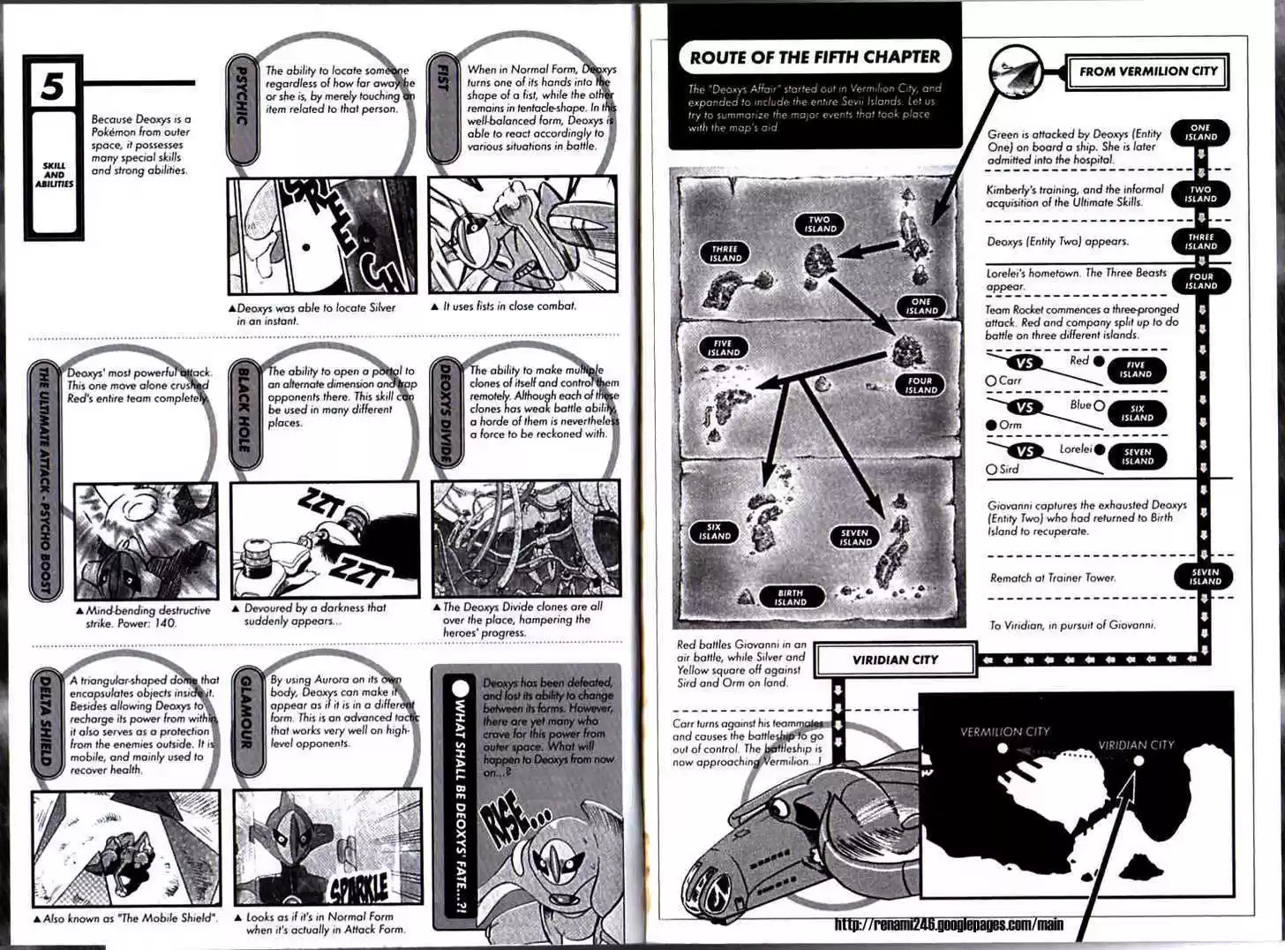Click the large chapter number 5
click(x=53, y=87)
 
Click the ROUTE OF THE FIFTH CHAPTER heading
click(x=814, y=57)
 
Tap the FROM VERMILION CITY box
click(x=1147, y=72)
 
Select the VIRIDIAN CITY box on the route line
click(x=895, y=660)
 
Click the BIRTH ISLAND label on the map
click(x=791, y=598)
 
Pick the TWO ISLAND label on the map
click(x=820, y=224)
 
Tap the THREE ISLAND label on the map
click(x=725, y=254)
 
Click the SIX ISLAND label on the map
click(x=715, y=532)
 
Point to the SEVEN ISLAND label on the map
click(x=854, y=538)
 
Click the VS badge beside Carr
click(x=1023, y=363)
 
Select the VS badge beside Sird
click(x=1023, y=451)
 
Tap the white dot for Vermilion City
click(x=1003, y=749)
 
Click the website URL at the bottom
click(x=949, y=924)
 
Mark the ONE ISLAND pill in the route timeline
click(x=1200, y=132)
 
